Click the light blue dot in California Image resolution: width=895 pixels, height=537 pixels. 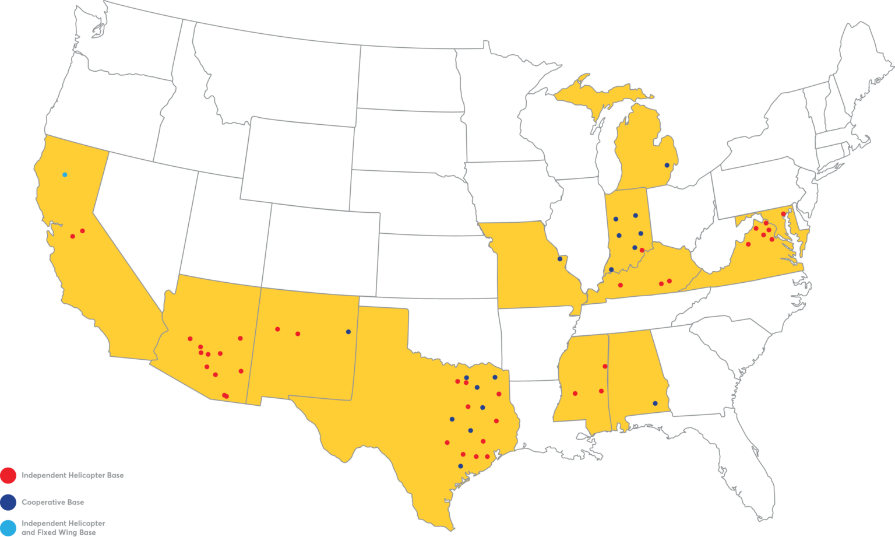(65, 174)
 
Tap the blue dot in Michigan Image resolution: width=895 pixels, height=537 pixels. (667, 166)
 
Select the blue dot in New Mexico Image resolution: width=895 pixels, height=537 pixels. (348, 332)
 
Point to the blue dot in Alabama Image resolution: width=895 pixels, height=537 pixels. (655, 403)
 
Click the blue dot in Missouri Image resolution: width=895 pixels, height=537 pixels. (560, 259)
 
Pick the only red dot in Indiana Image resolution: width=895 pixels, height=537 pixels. (642, 250)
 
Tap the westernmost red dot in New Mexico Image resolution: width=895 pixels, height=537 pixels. (277, 329)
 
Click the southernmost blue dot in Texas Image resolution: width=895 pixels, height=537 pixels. (460, 466)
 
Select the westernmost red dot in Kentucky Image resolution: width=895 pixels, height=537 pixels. (620, 285)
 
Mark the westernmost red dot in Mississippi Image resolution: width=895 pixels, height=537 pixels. (575, 393)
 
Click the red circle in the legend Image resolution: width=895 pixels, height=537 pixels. (8, 475)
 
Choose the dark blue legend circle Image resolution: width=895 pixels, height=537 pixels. (8, 502)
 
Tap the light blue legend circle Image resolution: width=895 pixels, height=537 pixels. (8, 527)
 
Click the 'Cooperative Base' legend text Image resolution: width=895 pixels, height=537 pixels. (53, 502)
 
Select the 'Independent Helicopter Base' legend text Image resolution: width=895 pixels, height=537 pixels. (72, 475)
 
